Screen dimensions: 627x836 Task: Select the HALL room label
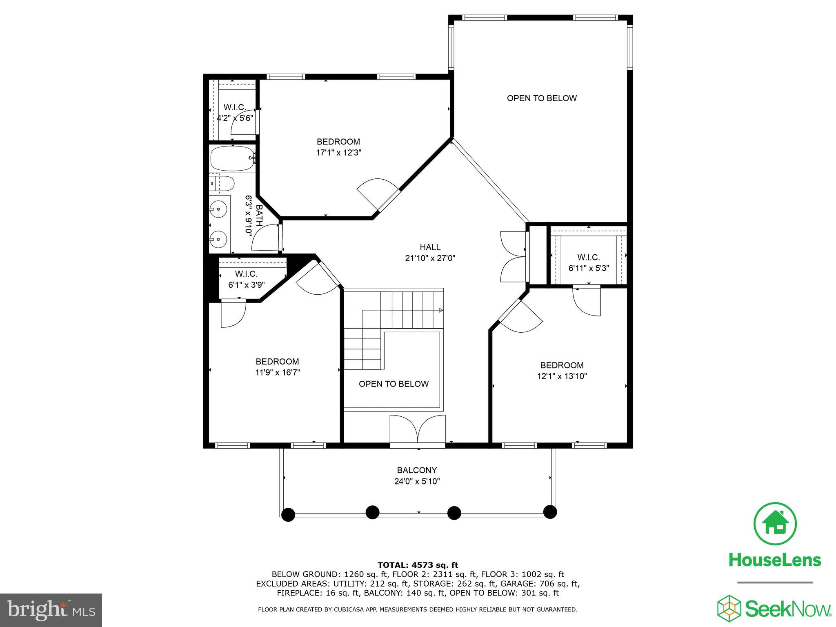pos(430,247)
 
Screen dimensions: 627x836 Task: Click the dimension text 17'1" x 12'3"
pos(338,153)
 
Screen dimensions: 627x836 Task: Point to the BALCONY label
pos(417,470)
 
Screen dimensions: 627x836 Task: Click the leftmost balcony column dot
pos(288,515)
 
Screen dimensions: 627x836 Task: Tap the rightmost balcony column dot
pos(550,511)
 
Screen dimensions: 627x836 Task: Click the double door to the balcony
pos(417,431)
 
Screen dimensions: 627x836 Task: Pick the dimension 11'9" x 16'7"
pos(278,372)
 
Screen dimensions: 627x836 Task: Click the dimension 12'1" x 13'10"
pos(562,376)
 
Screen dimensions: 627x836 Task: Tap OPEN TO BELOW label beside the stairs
pos(394,384)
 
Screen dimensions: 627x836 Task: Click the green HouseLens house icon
pos(774,524)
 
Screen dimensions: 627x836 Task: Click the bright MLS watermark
pos(51,610)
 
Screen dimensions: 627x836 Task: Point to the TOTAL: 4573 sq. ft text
pos(418,565)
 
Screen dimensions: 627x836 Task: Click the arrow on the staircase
pos(441,311)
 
